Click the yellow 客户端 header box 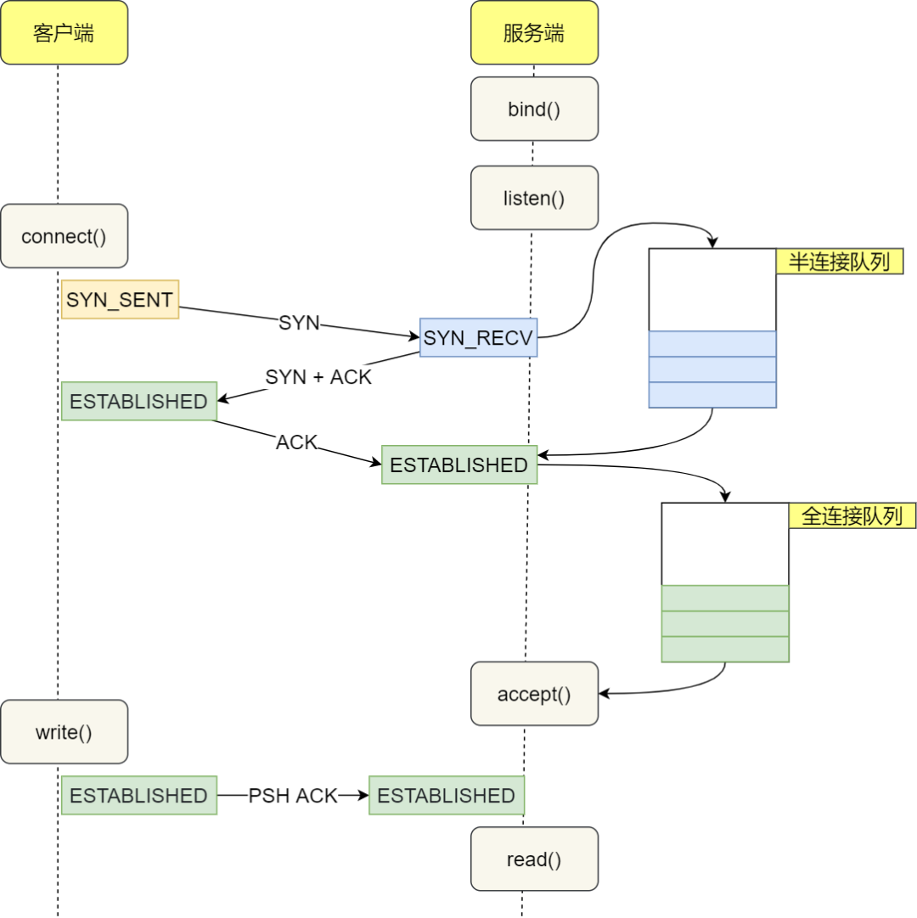(x=64, y=33)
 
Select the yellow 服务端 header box (x=534, y=33)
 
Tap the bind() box (x=534, y=109)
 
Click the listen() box (x=534, y=198)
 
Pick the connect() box (x=64, y=236)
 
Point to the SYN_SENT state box (x=120, y=300)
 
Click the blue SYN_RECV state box (x=478, y=338)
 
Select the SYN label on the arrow (x=299, y=323)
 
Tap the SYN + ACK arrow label (x=318, y=377)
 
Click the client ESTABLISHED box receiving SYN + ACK (x=138, y=401)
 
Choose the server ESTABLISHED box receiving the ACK (x=459, y=465)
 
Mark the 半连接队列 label (x=839, y=262)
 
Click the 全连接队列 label (x=852, y=515)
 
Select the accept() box (x=534, y=694)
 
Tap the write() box (x=64, y=732)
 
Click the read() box (x=534, y=859)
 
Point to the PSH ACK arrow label (x=293, y=796)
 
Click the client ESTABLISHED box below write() (x=138, y=796)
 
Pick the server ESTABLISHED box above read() (x=447, y=796)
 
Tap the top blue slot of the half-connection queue (x=712, y=344)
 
